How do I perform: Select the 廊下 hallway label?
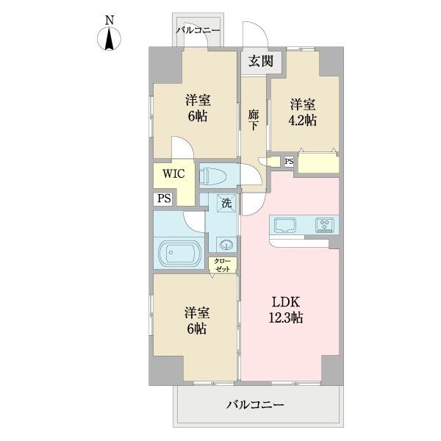[252, 120]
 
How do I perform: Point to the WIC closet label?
[173, 175]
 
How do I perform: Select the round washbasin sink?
[225, 245]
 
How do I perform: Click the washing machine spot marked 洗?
[225, 202]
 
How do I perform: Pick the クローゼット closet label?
[223, 265]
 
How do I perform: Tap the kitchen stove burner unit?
[324, 224]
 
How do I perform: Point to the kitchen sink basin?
[284, 224]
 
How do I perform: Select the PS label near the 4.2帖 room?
[289, 162]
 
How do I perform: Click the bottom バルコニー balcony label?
[254, 404]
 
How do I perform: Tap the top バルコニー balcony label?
[198, 30]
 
